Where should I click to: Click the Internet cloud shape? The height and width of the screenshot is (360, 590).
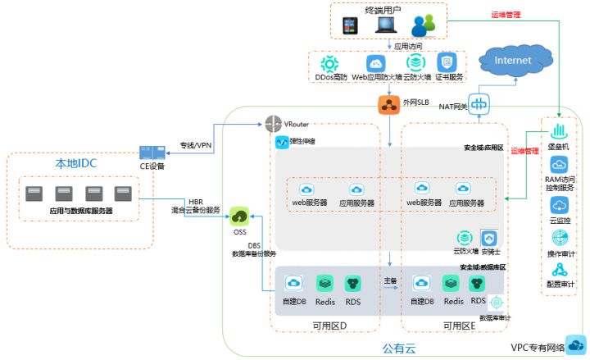(x=513, y=62)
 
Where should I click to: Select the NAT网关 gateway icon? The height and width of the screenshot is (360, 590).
(x=479, y=104)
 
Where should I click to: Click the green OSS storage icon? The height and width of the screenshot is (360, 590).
(x=239, y=216)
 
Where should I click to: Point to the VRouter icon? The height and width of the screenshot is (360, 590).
(x=274, y=125)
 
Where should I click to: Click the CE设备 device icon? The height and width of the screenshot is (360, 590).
(x=152, y=153)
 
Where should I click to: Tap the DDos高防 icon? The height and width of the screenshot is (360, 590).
(x=330, y=63)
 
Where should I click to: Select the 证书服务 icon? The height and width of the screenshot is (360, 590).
(x=446, y=63)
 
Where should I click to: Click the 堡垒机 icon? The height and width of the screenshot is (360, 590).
(x=559, y=131)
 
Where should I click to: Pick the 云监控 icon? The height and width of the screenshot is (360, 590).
(x=560, y=205)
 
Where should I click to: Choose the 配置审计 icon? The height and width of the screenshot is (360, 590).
(x=560, y=270)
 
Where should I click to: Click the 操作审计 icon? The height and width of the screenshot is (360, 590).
(x=560, y=238)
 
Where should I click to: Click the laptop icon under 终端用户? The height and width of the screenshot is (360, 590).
(x=387, y=25)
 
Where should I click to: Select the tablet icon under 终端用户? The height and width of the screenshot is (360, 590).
(x=351, y=25)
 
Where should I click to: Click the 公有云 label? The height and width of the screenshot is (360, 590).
(x=399, y=349)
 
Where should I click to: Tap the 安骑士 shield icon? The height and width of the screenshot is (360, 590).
(x=488, y=238)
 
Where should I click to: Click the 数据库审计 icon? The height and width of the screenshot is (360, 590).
(x=495, y=302)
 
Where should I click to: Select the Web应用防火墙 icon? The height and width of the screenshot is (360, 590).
(x=375, y=63)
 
